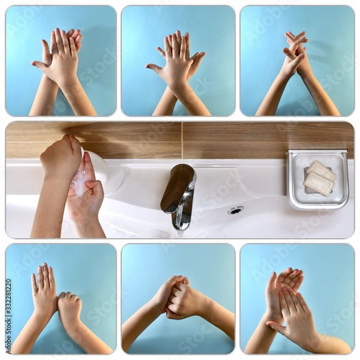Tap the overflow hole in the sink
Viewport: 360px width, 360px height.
point(235,210)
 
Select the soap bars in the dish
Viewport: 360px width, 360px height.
point(319,178)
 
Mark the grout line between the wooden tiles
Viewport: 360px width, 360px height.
point(181,140)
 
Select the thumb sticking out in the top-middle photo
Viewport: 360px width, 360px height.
point(153,68)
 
